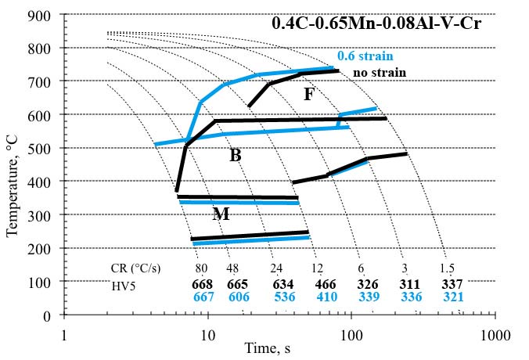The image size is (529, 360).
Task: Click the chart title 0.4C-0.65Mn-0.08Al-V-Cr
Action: pyautogui.click(x=376, y=23)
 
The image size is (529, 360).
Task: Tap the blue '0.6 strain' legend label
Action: pyautogui.click(x=365, y=56)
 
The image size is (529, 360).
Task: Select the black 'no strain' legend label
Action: pyautogui.click(x=380, y=73)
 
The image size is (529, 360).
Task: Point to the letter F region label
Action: pyautogui.click(x=309, y=95)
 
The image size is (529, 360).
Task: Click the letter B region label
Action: pyautogui.click(x=235, y=156)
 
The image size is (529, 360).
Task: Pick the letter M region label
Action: pyautogui.click(x=221, y=214)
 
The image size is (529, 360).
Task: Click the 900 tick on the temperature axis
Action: pyautogui.click(x=41, y=15)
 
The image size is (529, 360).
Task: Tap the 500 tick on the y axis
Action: pyautogui.click(x=41, y=148)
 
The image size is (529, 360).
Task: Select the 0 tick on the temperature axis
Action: pyautogui.click(x=47, y=315)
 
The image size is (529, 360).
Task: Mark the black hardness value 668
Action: pyautogui.click(x=203, y=284)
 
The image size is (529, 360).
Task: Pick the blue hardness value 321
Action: pyautogui.click(x=452, y=297)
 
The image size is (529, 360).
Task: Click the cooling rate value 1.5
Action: pyautogui.click(x=448, y=268)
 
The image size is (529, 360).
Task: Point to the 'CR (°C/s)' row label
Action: pyautogui.click(x=135, y=268)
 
